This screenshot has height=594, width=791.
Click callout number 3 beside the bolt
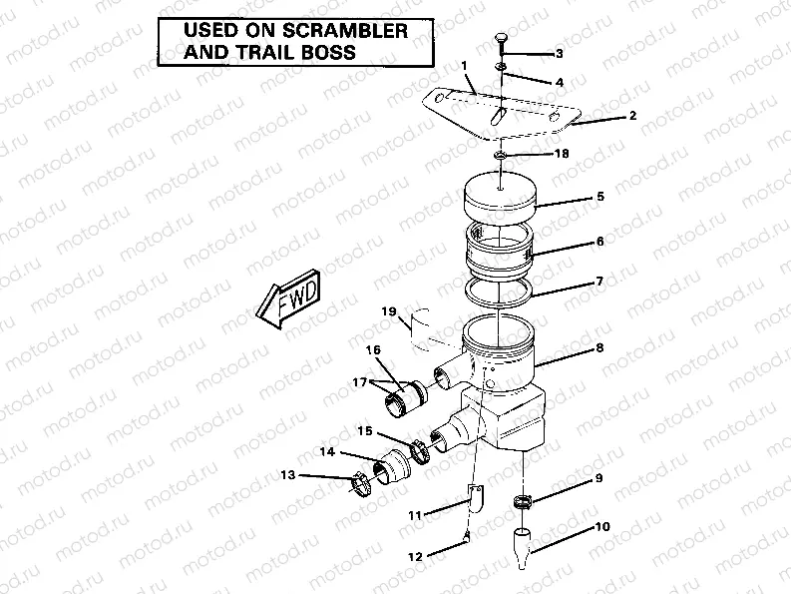point(560,53)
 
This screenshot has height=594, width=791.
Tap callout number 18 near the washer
point(562,155)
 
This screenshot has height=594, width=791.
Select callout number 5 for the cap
point(600,197)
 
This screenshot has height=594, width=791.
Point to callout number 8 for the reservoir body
point(600,347)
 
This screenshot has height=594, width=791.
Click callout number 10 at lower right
point(601,526)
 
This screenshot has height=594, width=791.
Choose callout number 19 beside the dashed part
point(388,311)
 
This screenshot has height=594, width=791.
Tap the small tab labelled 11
point(475,495)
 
